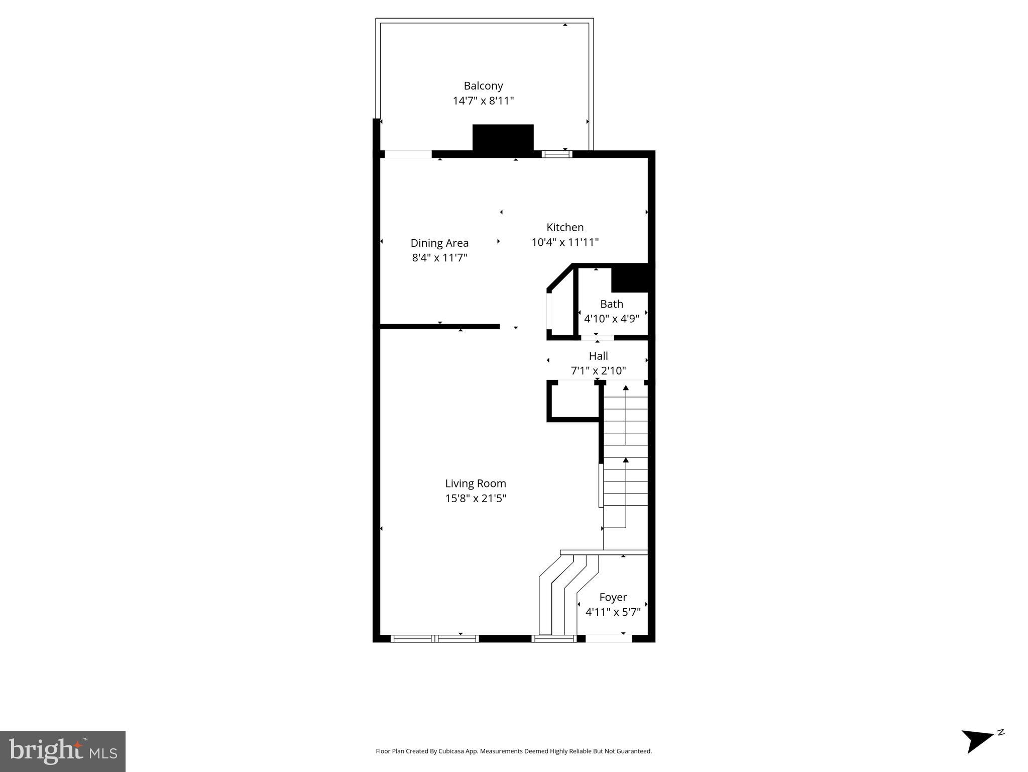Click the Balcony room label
click(x=483, y=86)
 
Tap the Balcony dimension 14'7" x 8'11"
click(x=483, y=101)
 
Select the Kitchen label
click(x=565, y=227)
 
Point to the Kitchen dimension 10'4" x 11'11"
click(x=565, y=242)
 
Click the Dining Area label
click(x=439, y=243)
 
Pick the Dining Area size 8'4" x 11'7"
click(x=439, y=258)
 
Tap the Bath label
click(x=611, y=304)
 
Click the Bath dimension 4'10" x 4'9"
click(x=611, y=319)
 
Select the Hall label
click(x=598, y=356)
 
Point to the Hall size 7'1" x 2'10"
click(x=598, y=371)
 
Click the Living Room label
click(x=475, y=484)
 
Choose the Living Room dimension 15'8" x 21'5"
click(x=475, y=499)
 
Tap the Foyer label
click(x=613, y=597)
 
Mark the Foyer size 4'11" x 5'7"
click(x=613, y=612)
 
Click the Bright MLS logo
click(x=63, y=751)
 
